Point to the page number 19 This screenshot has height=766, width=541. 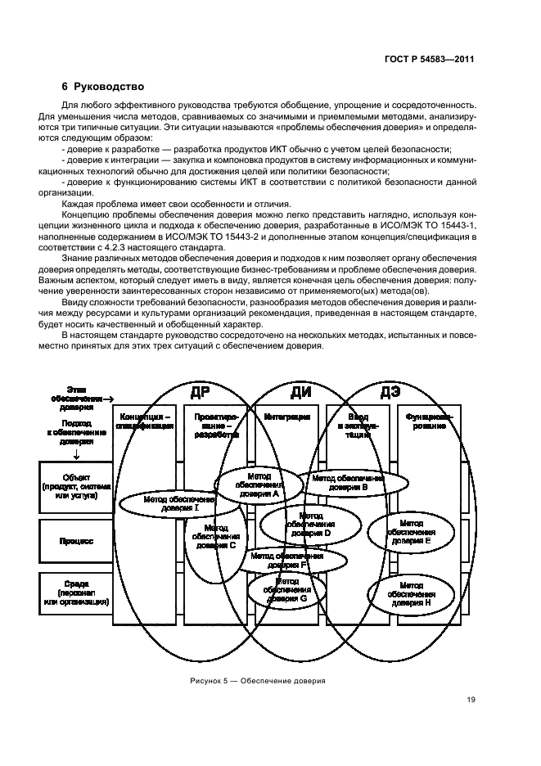[x=471, y=700]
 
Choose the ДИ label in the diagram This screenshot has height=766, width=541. [x=300, y=391]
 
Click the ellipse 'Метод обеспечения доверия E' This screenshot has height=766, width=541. [x=422, y=531]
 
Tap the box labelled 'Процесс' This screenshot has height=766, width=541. [x=75, y=541]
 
